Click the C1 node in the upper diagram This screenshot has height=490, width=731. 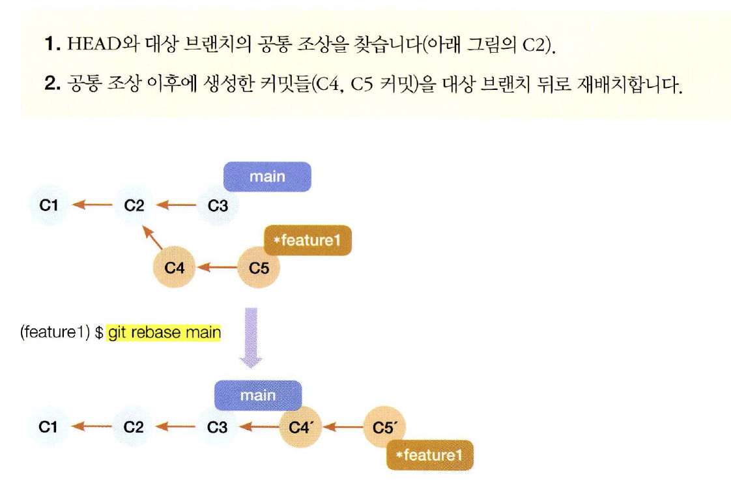[49, 206]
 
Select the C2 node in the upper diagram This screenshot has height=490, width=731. [134, 206]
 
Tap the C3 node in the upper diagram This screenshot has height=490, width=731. [218, 206]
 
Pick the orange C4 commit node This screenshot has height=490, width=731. [174, 267]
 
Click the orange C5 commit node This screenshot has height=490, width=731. [259, 267]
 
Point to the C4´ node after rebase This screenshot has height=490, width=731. [301, 427]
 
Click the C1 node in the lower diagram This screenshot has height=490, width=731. [49, 427]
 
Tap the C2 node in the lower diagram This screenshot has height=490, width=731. [134, 427]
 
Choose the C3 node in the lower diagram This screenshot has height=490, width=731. [218, 427]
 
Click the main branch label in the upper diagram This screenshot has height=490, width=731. [267, 176]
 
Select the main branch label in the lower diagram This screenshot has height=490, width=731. [258, 396]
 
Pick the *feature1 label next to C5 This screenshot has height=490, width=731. [308, 240]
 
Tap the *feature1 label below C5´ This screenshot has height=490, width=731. [429, 455]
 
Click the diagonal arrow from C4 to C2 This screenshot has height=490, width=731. [152, 238]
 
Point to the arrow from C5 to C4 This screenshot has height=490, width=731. [216, 267]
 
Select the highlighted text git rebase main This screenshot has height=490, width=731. [164, 333]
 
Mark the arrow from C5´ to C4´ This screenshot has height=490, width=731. [343, 427]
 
